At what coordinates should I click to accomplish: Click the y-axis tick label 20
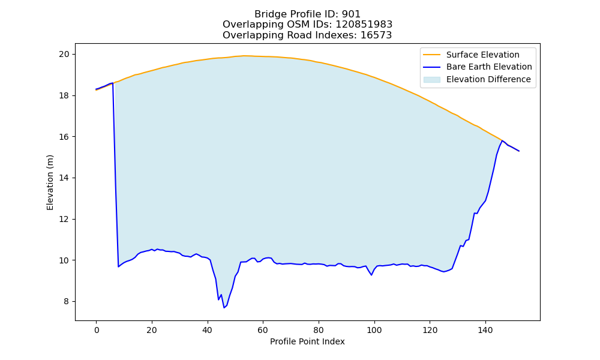pyautogui.click(x=64, y=55)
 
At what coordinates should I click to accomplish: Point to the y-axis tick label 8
pyautogui.click(x=67, y=301)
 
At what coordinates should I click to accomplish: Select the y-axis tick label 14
pyautogui.click(x=64, y=178)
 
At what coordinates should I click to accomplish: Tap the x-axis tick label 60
pyautogui.click(x=263, y=330)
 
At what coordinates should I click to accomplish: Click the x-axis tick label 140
pyautogui.click(x=485, y=330)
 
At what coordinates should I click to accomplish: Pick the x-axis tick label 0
pyautogui.click(x=97, y=330)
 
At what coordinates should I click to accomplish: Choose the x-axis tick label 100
pyautogui.click(x=374, y=330)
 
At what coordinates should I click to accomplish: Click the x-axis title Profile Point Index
pyautogui.click(x=307, y=341)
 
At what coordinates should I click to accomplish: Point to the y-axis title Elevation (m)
pyautogui.click(x=50, y=182)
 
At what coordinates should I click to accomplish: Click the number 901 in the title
pyautogui.click(x=351, y=14)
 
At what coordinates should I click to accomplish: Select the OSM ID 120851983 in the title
pyautogui.click(x=364, y=25)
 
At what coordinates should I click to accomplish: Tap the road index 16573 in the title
pyautogui.click(x=376, y=35)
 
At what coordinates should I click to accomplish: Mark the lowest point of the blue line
pyautogui.click(x=224, y=308)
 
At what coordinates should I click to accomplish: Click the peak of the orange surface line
pyautogui.click(x=244, y=55)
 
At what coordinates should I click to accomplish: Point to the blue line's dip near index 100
pyautogui.click(x=371, y=275)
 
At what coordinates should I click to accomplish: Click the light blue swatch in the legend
pyautogui.click(x=431, y=80)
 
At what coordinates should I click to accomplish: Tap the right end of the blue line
pyautogui.click(x=519, y=151)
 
